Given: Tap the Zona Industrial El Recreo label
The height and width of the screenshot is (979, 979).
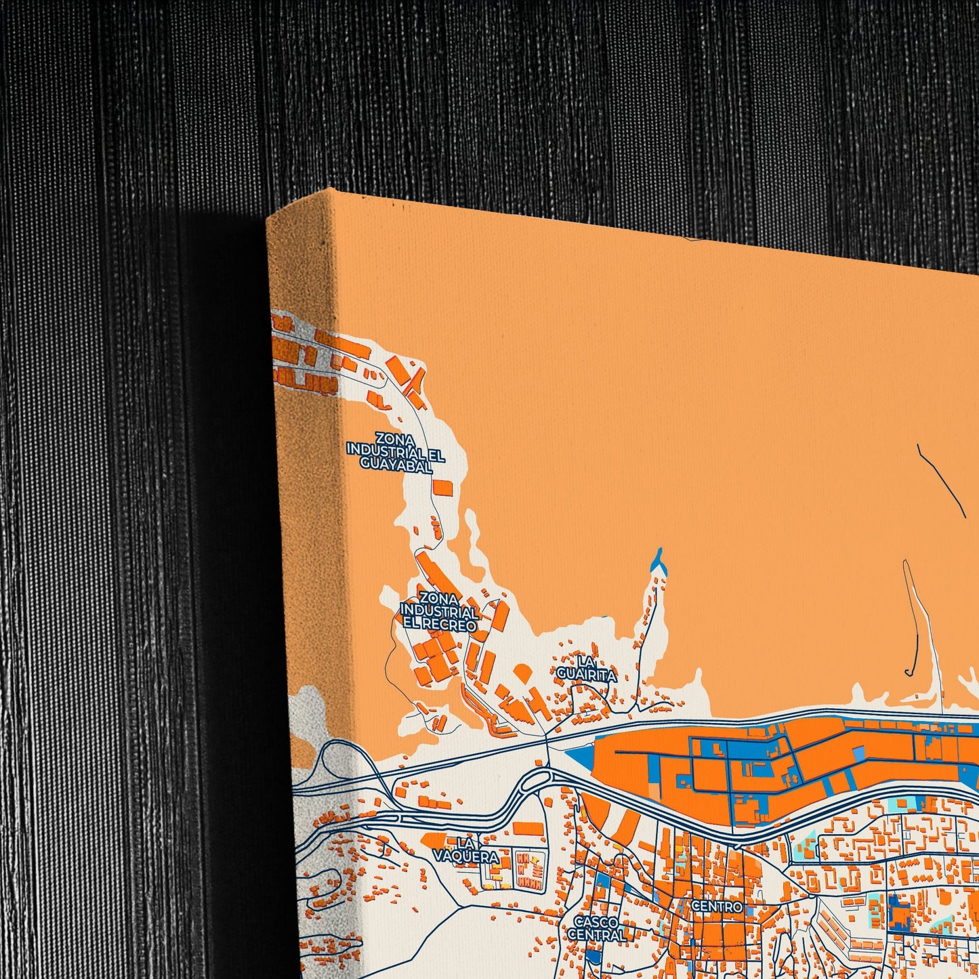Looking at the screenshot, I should coord(440,611).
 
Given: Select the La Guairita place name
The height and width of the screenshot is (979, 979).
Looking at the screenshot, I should coord(587,668).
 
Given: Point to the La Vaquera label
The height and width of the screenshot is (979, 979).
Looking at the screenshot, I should coord(466,850).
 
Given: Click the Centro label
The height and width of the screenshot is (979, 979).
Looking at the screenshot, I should coord(717,906).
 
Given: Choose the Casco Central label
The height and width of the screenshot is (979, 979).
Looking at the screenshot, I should coord(596,928).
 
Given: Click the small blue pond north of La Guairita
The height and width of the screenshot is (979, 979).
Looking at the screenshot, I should coord(656,560).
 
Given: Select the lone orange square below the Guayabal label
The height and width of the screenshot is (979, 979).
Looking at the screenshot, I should coord(442,488).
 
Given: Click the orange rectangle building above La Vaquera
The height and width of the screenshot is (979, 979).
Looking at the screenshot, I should coord(528,828).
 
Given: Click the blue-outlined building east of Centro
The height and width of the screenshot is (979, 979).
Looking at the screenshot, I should coord(900,912).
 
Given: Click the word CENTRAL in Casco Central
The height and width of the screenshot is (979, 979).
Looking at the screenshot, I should coord(596,935).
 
